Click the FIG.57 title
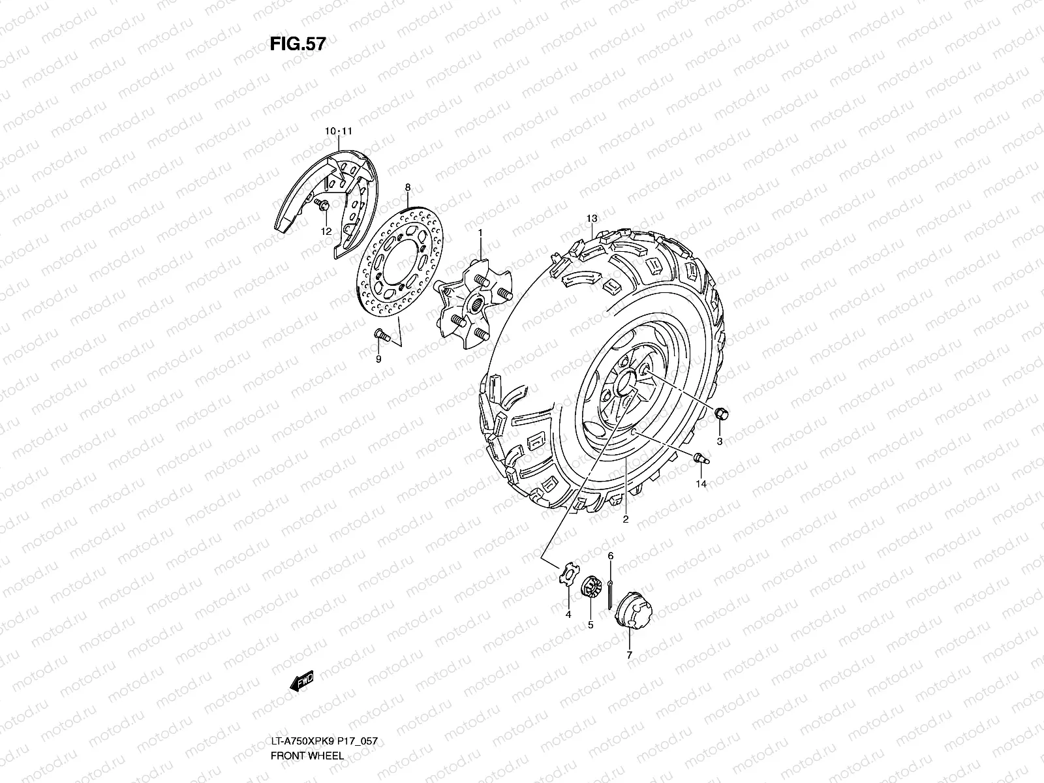coord(298,44)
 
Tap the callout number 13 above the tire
coord(591,218)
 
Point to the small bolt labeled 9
coord(381,335)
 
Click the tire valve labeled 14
coord(700,458)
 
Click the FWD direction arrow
coord(301,682)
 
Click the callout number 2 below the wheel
coord(625,520)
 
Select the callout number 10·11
coord(339,132)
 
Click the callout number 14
coord(701,484)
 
